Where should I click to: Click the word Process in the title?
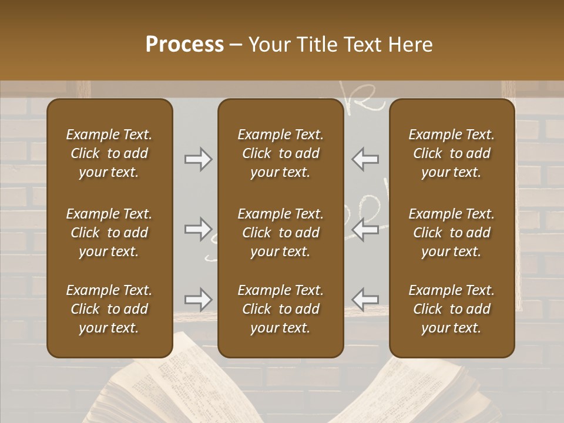pyautogui.click(x=184, y=44)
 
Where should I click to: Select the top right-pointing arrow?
pyautogui.click(x=198, y=159)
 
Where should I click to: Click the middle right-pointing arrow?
pyautogui.click(x=198, y=229)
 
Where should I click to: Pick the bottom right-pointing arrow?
pyautogui.click(x=198, y=300)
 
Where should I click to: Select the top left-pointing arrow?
pyautogui.click(x=365, y=159)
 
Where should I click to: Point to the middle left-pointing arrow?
pyautogui.click(x=365, y=229)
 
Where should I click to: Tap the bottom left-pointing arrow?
pyautogui.click(x=365, y=300)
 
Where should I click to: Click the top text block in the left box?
pyautogui.click(x=109, y=153)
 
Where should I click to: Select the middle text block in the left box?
pyautogui.click(x=109, y=233)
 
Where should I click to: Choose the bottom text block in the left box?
pyautogui.click(x=109, y=309)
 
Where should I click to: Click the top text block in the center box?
pyautogui.click(x=280, y=153)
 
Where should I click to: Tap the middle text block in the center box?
pyautogui.click(x=280, y=233)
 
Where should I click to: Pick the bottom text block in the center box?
pyautogui.click(x=280, y=309)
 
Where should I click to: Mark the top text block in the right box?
pyautogui.click(x=452, y=153)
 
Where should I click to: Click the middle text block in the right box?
pyautogui.click(x=452, y=233)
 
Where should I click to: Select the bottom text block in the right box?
pyautogui.click(x=452, y=309)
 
